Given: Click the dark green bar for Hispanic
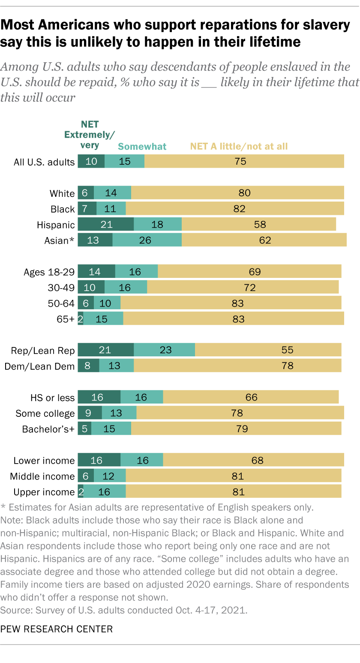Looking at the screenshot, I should click(105, 225).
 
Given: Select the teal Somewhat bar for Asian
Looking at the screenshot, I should click(147, 240).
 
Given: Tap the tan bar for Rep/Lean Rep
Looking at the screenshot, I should click(268, 350).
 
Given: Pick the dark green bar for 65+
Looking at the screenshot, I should click(81, 319).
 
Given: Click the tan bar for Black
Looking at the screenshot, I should click(235, 209).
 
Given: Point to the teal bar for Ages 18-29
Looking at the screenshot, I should click(136, 271).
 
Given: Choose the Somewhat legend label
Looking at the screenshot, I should click(142, 147).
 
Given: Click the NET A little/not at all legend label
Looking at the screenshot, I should click(239, 147).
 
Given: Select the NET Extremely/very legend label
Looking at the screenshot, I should click(87, 135).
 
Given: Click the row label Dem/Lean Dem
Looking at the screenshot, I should click(39, 366).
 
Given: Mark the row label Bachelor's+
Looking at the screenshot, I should click(48, 429).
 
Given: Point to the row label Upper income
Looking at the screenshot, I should click(44, 492).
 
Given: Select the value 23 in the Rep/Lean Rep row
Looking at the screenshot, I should click(165, 350).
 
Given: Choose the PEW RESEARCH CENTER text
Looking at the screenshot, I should click(57, 629).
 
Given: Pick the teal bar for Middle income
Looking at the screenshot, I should click(110, 476).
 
